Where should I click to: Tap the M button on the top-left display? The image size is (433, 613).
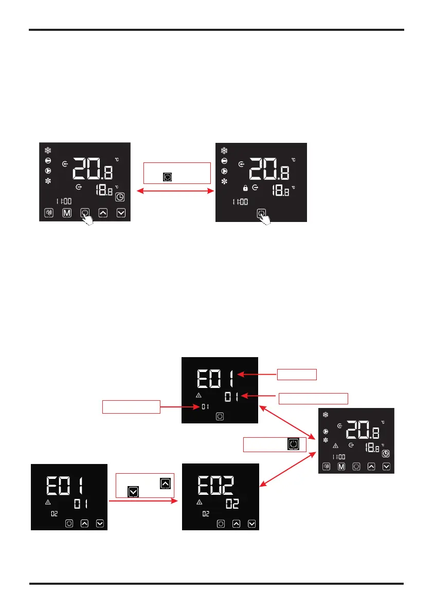point(66,213)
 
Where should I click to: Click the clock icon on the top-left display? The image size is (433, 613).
point(119,196)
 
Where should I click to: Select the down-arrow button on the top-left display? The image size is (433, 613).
point(121,213)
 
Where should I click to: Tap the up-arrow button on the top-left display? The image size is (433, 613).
point(103,213)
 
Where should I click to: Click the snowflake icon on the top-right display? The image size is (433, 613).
point(224,151)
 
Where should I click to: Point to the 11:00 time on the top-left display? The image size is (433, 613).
point(64,201)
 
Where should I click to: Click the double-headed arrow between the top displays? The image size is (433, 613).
point(177,191)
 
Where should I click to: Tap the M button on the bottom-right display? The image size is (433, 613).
point(341,467)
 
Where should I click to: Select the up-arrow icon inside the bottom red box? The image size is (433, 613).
point(165,483)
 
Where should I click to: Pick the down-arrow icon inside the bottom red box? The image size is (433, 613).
point(133,492)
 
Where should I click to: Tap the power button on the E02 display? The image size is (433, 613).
point(221,524)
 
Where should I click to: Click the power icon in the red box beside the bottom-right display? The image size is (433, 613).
point(293,444)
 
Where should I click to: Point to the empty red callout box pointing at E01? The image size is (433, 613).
point(297,374)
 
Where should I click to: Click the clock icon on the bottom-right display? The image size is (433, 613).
point(386,454)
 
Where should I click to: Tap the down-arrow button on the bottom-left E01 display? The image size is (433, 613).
point(100,524)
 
